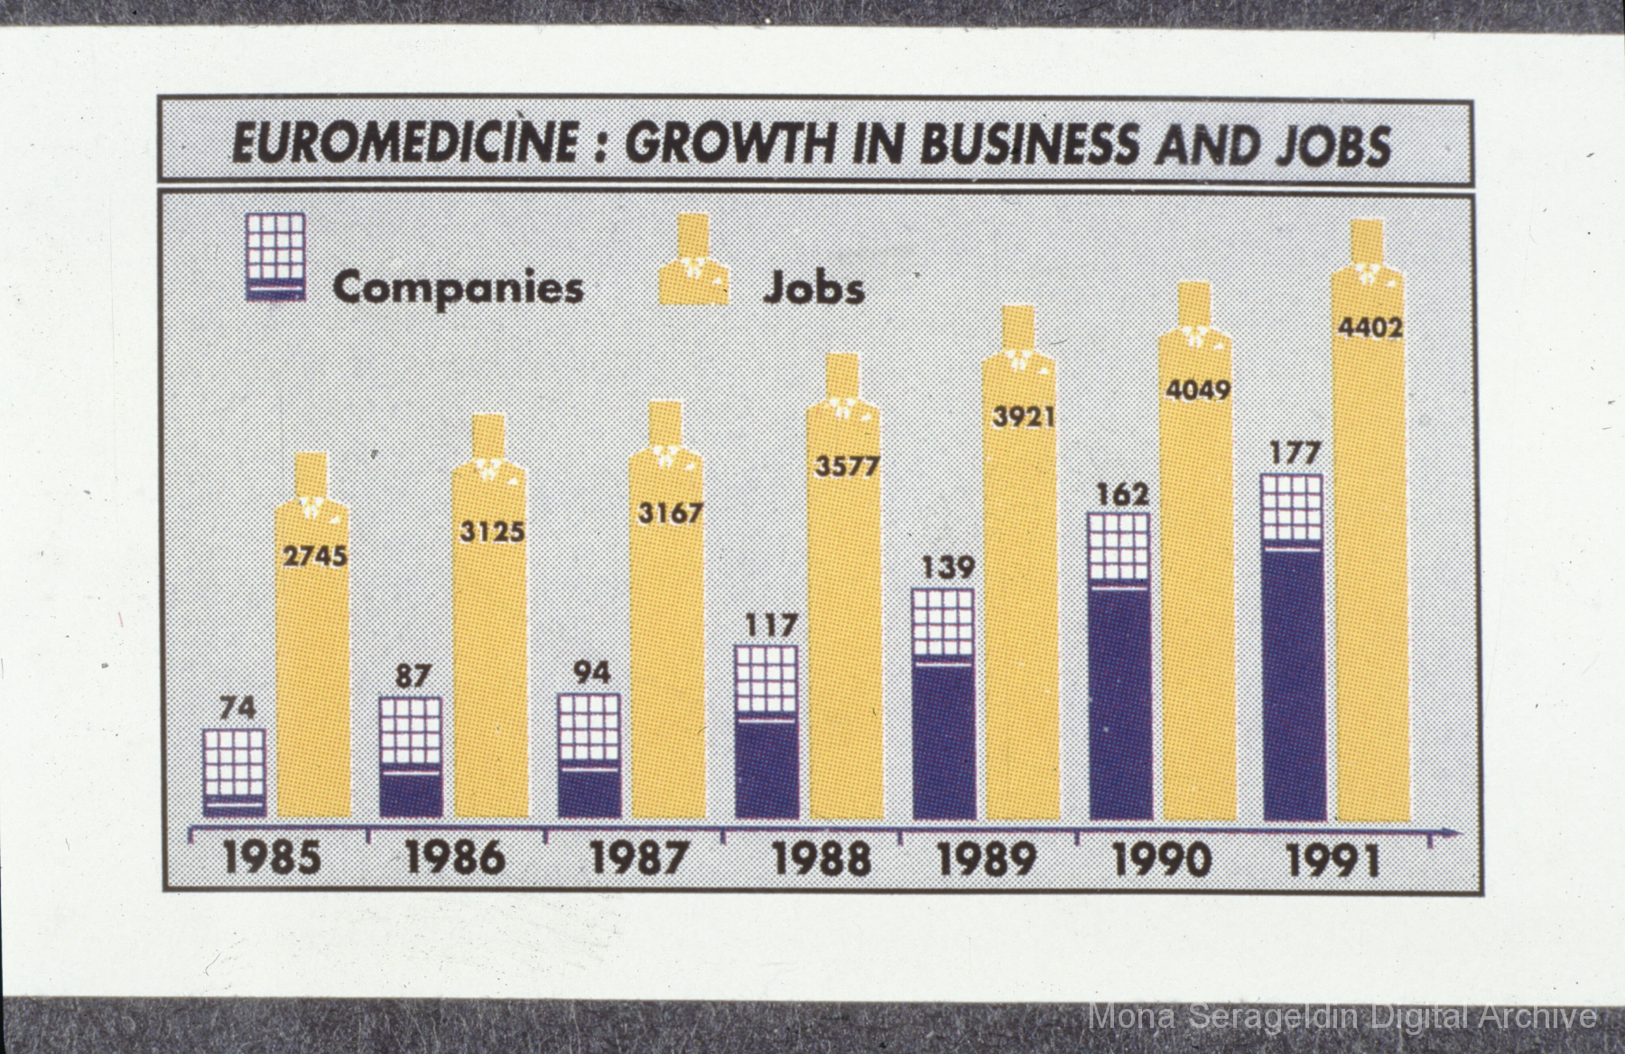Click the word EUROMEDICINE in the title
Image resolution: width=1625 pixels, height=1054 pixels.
(403, 144)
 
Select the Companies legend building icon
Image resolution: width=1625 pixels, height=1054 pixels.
(275, 257)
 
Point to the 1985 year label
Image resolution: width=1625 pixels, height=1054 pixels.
(272, 858)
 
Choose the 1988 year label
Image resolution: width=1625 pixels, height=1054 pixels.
(822, 858)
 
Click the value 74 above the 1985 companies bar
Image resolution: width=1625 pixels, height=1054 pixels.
(237, 708)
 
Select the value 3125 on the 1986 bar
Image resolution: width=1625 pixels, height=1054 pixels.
(491, 531)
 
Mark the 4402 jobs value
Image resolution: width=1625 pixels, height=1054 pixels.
(1370, 327)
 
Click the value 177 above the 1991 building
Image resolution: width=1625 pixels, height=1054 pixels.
(1295, 452)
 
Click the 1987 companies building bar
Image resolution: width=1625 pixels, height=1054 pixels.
(589, 756)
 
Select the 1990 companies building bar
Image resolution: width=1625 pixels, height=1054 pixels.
(1119, 667)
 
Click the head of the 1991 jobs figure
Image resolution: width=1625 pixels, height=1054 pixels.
(1368, 240)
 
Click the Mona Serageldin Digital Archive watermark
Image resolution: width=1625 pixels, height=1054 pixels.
(1342, 1017)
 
